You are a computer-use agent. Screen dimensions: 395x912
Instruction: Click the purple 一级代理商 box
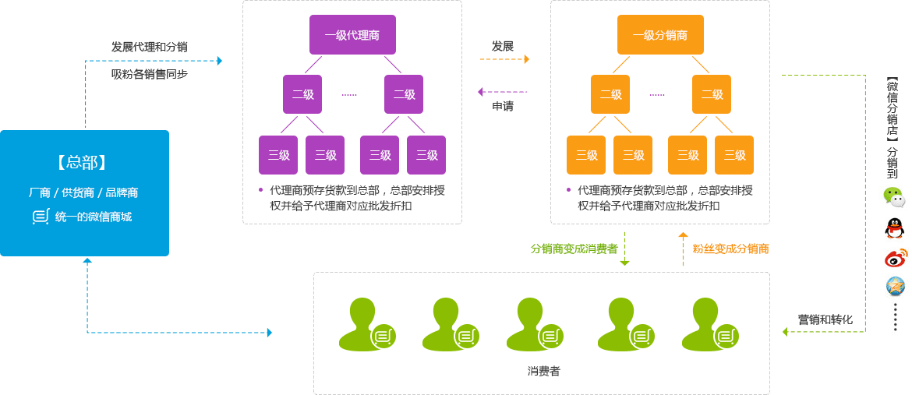pyautogui.click(x=352, y=35)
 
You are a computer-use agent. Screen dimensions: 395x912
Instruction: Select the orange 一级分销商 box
pyautogui.click(x=660, y=35)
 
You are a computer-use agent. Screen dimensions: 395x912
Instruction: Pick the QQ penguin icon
pyautogui.click(x=895, y=227)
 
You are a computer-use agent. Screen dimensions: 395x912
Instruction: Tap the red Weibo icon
pyautogui.click(x=896, y=258)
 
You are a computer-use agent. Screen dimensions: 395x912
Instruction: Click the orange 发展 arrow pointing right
pyautogui.click(x=504, y=59)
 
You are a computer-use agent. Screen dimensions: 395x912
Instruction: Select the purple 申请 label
pyautogui.click(x=503, y=106)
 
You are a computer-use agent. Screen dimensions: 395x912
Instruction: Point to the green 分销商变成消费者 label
pyautogui.click(x=574, y=249)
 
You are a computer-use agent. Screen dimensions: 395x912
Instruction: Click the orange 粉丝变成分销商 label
pyautogui.click(x=730, y=249)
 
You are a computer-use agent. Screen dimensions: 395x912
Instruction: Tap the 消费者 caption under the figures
pyautogui.click(x=543, y=371)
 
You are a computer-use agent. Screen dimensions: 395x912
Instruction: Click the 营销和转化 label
pyautogui.click(x=825, y=319)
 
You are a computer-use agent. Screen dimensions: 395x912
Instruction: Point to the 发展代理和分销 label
pyautogui.click(x=149, y=47)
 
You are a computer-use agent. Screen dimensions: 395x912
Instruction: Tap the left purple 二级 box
pyautogui.click(x=302, y=94)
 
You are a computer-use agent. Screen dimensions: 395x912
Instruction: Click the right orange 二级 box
pyautogui.click(x=712, y=94)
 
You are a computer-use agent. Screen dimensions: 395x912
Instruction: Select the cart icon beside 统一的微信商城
pyautogui.click(x=41, y=217)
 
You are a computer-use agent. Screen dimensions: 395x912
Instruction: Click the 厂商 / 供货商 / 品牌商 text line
pyautogui.click(x=83, y=192)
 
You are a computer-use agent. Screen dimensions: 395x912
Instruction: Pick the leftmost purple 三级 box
pyautogui.click(x=278, y=155)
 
